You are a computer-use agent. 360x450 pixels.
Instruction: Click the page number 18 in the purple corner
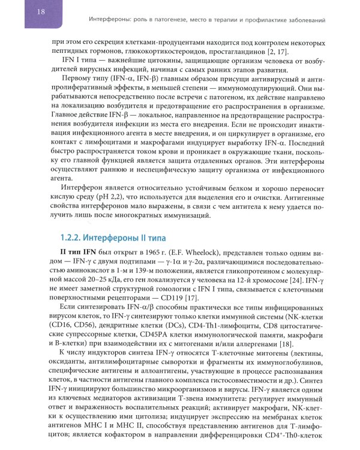pyautogui.click(x=24, y=12)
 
